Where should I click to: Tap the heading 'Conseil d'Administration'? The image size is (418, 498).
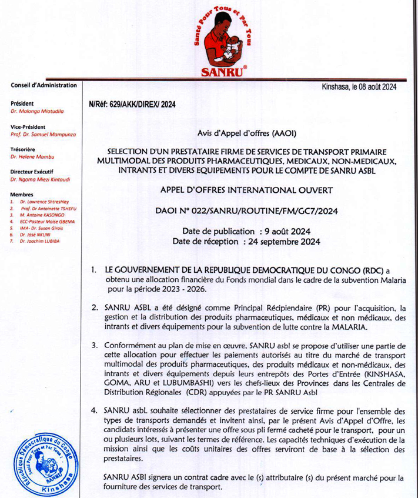44,86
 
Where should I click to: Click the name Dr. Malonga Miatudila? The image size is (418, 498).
37,111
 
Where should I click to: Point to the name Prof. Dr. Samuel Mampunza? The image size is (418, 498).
41,135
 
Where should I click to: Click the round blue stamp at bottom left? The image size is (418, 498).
44,464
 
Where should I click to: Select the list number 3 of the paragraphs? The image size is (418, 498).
94,346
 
